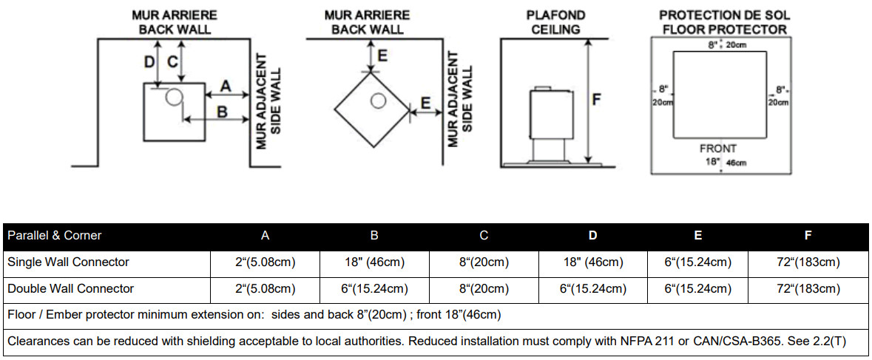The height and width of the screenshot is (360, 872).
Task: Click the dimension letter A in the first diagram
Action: tap(226, 86)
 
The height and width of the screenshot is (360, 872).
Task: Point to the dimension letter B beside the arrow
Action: tap(222, 112)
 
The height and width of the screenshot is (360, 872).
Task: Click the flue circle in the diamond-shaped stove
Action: tap(379, 101)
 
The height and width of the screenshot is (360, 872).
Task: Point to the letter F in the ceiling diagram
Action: tap(596, 100)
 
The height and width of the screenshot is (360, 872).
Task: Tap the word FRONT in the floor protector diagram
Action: tap(718, 149)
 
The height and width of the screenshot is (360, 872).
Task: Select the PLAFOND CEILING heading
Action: tap(556, 22)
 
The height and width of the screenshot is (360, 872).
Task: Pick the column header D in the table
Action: tap(593, 236)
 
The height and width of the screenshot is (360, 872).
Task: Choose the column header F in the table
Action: tap(808, 236)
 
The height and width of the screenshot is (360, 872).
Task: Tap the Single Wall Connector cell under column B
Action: tap(374, 262)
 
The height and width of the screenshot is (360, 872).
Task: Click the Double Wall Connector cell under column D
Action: tap(593, 289)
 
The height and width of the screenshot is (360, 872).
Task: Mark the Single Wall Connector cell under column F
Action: tap(808, 262)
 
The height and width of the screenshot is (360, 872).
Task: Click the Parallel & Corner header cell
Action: tap(55, 236)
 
